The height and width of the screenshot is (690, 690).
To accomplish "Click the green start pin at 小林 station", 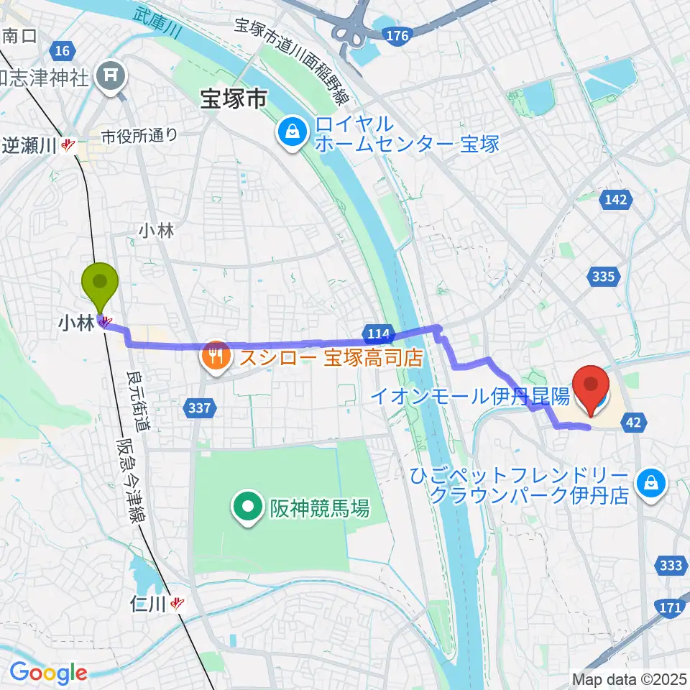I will click(x=101, y=281).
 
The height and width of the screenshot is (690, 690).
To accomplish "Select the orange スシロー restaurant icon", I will click(x=216, y=353).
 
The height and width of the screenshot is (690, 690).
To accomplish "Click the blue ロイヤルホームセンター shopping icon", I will click(x=293, y=131).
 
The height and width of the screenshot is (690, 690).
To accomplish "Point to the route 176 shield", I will click(x=397, y=35).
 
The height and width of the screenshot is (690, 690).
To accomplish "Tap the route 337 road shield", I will click(x=201, y=408).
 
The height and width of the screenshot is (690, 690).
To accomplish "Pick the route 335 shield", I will click(x=602, y=276).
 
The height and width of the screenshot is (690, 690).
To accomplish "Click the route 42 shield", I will click(x=632, y=423).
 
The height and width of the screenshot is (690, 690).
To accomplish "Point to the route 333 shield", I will click(x=670, y=566).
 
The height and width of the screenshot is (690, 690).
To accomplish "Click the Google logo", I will click(x=48, y=673).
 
